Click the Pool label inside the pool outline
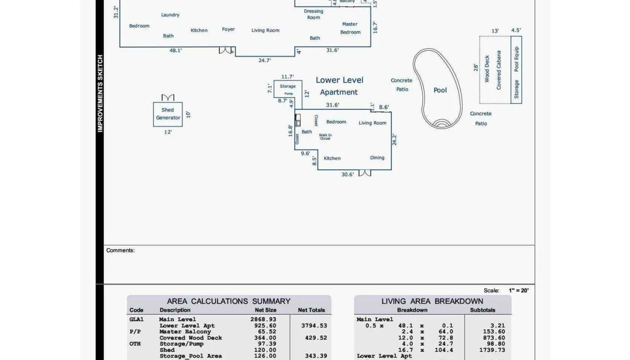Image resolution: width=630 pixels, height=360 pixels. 440,90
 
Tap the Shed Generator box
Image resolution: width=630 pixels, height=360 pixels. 168,114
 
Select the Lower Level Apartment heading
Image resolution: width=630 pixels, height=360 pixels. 339,86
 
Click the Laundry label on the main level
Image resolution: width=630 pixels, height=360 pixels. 170,15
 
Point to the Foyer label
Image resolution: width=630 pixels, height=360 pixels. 228,29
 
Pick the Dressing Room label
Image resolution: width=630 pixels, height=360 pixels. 313,14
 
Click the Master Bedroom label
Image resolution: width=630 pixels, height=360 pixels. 350,28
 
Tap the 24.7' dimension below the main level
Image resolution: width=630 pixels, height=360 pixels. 265,61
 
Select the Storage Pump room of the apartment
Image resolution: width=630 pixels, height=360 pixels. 288,89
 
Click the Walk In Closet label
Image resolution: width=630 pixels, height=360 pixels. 325,137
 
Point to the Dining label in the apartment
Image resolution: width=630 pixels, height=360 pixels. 377,158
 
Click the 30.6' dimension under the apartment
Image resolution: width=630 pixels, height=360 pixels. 347,174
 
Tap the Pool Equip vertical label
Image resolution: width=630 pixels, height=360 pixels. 517,59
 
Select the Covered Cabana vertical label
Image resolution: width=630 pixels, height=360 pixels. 499,70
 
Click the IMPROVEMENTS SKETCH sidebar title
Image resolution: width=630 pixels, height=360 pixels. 100,93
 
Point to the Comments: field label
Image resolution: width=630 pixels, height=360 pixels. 120,251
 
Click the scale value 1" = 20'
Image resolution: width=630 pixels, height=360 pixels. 519,291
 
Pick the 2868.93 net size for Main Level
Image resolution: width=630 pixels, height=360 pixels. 263,319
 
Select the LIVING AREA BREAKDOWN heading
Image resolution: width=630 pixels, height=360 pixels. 432,301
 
